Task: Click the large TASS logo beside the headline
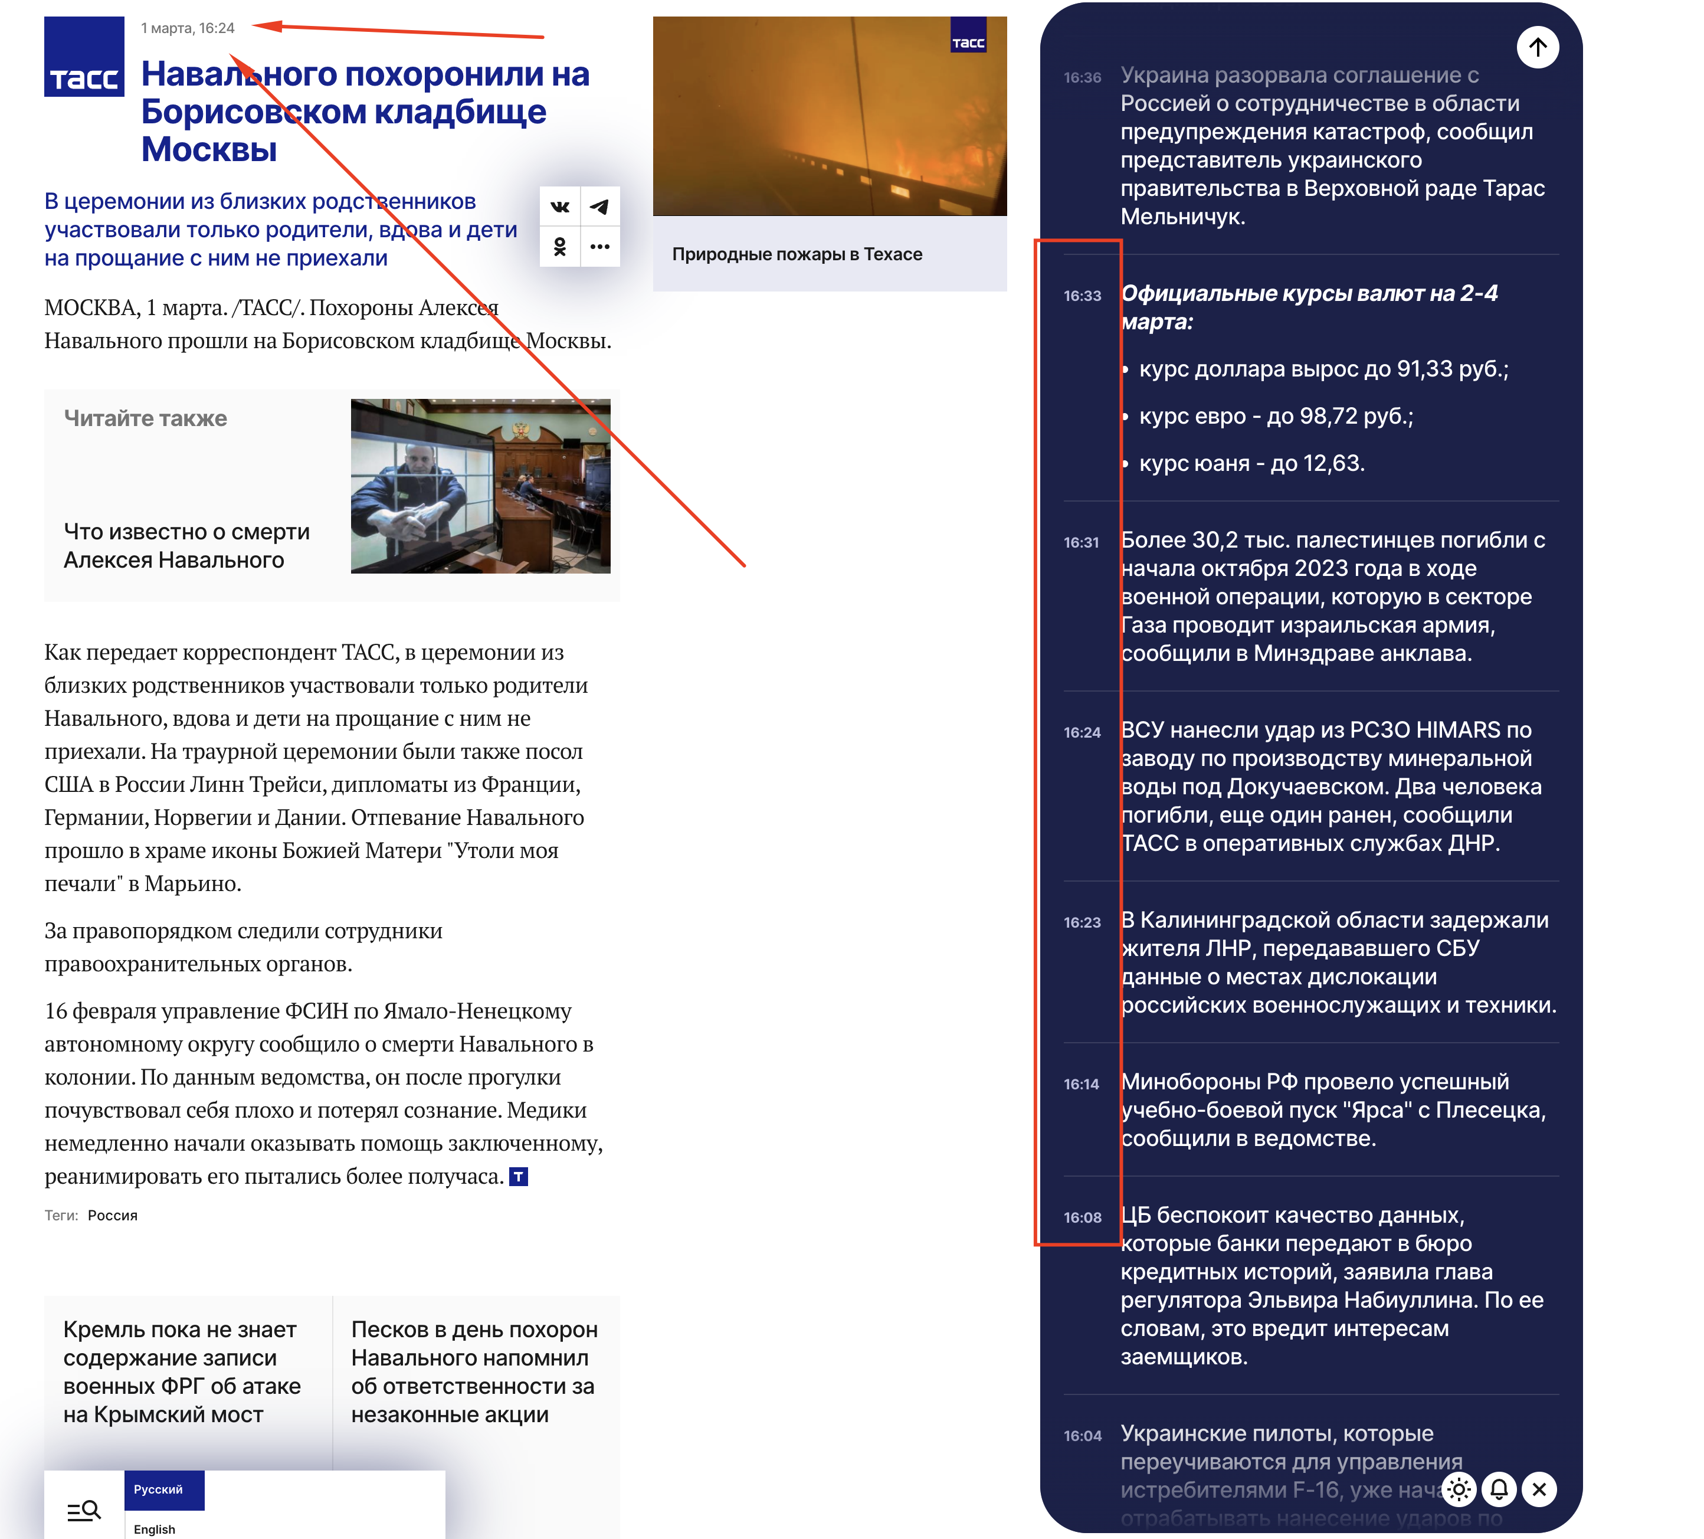(84, 56)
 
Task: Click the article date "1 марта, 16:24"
(188, 28)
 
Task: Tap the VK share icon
(559, 206)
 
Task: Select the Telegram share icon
(599, 206)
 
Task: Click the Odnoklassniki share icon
(559, 247)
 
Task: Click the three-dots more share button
(599, 247)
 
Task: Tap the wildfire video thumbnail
(829, 116)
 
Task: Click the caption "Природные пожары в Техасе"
(797, 254)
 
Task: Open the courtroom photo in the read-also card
(480, 486)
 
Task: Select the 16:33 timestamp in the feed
(1082, 296)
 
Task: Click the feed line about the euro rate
(1276, 417)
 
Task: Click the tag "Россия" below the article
(113, 1215)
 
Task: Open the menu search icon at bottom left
(84, 1510)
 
